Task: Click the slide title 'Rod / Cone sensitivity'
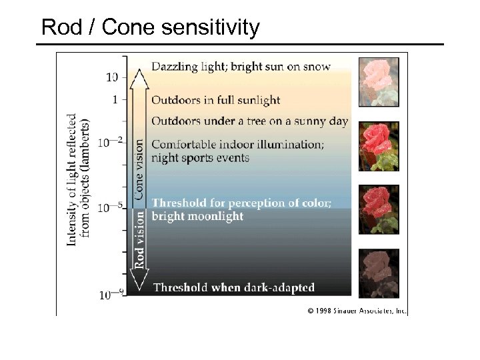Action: coord(150,27)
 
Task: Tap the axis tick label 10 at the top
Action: coord(112,77)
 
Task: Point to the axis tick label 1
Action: coord(115,100)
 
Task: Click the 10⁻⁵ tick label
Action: coord(111,207)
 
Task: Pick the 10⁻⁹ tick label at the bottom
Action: coord(111,293)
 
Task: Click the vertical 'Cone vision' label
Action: coord(139,169)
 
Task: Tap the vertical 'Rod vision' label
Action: coord(139,239)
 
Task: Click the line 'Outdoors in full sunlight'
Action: coord(215,100)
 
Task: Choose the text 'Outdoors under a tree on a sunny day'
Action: coord(249,121)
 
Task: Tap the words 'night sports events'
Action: coord(200,157)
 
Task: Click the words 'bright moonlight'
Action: coord(197,216)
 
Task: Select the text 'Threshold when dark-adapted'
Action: coord(234,288)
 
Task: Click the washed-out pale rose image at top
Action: coord(379,82)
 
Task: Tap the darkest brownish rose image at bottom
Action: coord(379,273)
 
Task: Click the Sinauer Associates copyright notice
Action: coord(357,311)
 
